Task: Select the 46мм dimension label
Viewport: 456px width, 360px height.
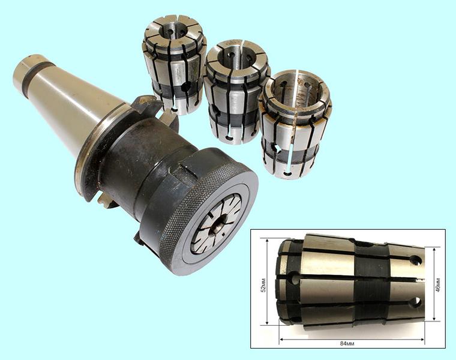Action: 438,284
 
